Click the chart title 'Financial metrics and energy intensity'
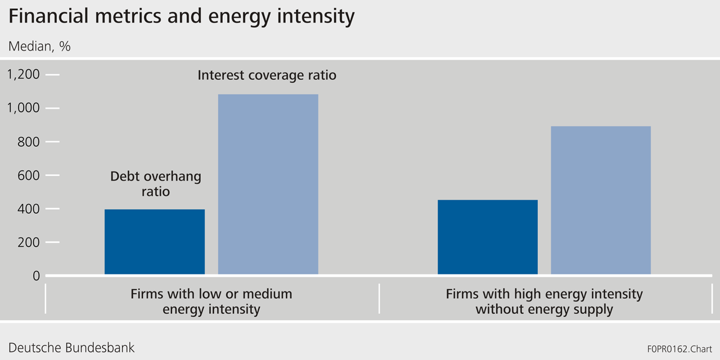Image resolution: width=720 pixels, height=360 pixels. click(181, 17)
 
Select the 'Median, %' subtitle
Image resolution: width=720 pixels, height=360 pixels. click(39, 46)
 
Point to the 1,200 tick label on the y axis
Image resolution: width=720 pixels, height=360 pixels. click(24, 74)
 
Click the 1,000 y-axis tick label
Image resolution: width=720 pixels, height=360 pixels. click(24, 108)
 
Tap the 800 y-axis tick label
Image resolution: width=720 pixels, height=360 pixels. click(28, 142)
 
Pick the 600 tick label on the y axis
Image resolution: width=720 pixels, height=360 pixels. click(28, 175)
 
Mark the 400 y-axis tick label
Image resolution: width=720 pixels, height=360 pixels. click(28, 209)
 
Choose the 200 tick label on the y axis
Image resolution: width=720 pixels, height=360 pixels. click(28, 242)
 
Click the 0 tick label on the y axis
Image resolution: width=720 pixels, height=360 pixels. click(36, 276)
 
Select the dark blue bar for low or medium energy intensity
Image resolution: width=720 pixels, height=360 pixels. click(155, 242)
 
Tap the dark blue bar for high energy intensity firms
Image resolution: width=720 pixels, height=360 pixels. click(487, 237)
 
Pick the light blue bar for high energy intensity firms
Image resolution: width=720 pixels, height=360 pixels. click(600, 200)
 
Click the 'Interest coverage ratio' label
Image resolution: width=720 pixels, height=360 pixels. click(267, 75)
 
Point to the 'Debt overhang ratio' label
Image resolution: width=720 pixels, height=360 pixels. click(155, 184)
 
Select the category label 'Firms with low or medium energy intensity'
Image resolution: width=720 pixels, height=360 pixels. click(211, 301)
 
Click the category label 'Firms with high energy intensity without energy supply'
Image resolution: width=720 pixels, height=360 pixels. click(544, 301)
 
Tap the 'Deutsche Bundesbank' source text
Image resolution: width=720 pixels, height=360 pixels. click(71, 347)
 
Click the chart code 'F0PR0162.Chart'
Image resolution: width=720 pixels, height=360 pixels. click(679, 349)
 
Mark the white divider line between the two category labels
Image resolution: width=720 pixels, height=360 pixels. click(380, 298)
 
